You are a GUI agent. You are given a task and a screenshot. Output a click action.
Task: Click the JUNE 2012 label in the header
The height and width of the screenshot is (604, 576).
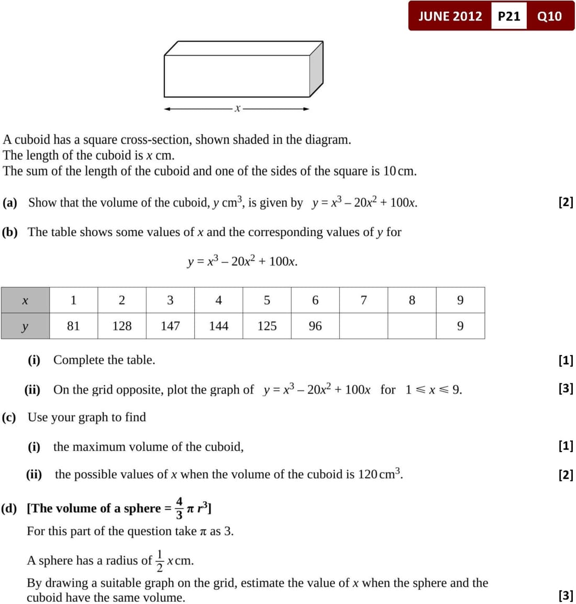(450, 16)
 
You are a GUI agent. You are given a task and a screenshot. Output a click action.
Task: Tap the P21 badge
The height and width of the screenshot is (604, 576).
(508, 16)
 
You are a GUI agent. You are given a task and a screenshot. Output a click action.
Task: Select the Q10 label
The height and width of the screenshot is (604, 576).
(549, 16)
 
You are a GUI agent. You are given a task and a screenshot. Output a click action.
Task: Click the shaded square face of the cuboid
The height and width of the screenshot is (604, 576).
(316, 70)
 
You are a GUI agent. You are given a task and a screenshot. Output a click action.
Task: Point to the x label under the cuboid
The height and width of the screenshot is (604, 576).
(237, 108)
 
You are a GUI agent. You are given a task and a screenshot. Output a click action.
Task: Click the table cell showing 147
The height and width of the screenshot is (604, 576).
(170, 326)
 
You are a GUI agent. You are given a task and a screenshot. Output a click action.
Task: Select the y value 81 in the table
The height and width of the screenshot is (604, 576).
(73, 326)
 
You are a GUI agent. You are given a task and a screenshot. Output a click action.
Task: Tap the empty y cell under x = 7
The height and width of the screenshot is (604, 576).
(363, 326)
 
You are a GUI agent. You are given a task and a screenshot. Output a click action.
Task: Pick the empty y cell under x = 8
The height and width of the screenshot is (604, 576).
(412, 326)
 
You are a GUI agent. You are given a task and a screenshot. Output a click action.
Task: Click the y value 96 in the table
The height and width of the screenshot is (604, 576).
(315, 326)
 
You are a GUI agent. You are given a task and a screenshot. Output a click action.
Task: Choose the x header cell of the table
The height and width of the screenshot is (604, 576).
(25, 300)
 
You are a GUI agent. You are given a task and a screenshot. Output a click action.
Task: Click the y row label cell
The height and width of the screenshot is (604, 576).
(25, 326)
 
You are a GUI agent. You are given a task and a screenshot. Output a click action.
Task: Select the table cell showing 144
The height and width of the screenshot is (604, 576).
(218, 326)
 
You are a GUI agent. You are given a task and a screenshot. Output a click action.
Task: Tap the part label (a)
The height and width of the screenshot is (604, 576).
(10, 203)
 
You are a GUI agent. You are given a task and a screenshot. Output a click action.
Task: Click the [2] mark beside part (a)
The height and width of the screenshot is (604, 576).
(566, 202)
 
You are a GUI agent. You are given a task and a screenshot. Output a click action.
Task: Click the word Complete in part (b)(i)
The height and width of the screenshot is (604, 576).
(78, 360)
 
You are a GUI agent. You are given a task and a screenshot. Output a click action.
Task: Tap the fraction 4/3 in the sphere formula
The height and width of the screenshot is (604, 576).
(179, 508)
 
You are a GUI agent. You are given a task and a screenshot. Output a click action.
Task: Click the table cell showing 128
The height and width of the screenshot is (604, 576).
(121, 326)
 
